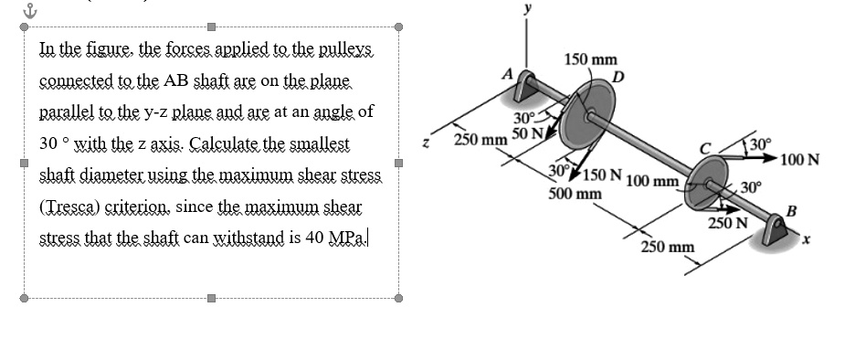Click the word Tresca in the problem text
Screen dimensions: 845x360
[70, 206]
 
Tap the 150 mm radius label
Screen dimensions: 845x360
[590, 60]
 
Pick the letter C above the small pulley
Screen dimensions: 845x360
[704, 148]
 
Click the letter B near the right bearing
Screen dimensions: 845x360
[791, 213]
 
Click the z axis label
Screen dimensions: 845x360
[421, 143]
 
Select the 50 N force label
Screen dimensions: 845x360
[527, 135]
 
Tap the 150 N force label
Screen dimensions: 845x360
[603, 175]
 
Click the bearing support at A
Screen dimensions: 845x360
[527, 88]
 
